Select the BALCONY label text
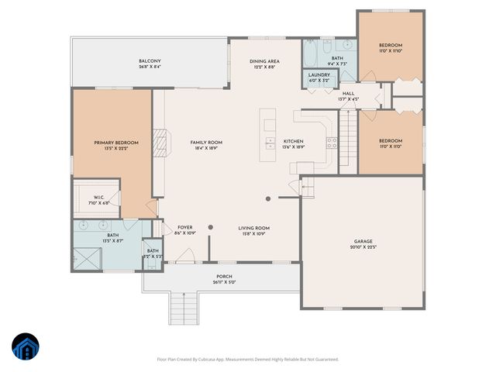point(150,60)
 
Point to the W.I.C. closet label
point(99,198)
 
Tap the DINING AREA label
point(264,61)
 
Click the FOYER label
point(185,227)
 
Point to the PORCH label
point(224,277)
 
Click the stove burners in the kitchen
point(332,143)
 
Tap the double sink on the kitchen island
point(270,143)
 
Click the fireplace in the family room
point(160,142)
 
